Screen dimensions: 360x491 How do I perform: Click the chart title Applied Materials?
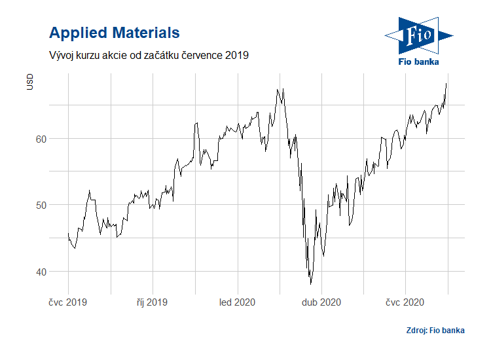pos(115,32)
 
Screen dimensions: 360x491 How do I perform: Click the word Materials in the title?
pos(145,32)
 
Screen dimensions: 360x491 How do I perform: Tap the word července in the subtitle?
pos(198,56)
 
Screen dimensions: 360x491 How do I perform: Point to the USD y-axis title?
pos(29,83)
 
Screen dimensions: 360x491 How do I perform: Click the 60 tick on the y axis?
pos(41,139)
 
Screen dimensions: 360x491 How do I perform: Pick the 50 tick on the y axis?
pos(41,205)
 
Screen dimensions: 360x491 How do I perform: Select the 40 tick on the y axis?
pos(41,272)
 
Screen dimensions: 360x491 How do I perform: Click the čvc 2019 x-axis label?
pos(68,302)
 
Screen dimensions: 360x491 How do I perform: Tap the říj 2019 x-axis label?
pos(153,302)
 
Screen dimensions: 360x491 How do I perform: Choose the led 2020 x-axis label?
pos(237,302)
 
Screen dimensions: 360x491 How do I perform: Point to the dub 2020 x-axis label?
pos(321,302)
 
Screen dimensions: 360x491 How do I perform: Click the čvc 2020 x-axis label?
pos(405,302)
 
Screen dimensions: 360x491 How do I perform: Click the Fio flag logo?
pos(418,35)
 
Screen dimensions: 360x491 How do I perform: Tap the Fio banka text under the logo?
pos(418,62)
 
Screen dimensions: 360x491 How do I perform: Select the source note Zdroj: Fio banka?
pos(435,330)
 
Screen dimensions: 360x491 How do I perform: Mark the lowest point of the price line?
pos(310,284)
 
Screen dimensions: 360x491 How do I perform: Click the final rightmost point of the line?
pos(446,83)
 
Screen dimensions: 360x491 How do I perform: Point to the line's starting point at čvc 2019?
pos(68,233)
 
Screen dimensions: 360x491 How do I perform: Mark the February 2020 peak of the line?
pos(278,89)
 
